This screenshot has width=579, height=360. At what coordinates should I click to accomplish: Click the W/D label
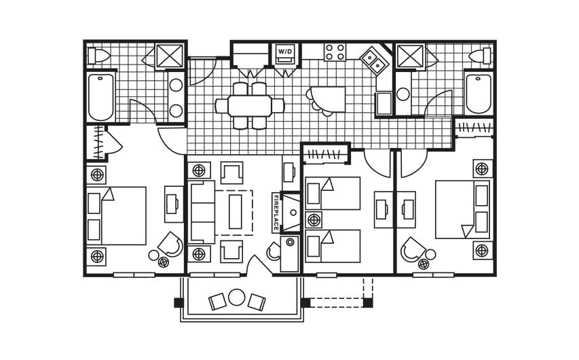coord(284,51)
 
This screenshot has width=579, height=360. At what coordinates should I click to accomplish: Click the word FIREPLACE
coord(276,213)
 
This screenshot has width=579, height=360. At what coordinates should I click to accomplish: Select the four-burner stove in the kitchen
coord(335,52)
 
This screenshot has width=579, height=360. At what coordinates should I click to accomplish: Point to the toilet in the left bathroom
coord(99,55)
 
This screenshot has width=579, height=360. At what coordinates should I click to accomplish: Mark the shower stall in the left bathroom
coord(168,55)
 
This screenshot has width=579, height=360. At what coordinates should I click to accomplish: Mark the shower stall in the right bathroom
coord(409,55)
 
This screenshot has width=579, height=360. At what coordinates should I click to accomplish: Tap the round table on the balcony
coord(236,298)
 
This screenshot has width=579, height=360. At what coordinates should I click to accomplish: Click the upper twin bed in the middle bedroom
coord(333,194)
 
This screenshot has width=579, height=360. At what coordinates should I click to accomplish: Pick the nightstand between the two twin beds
coord(314,220)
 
